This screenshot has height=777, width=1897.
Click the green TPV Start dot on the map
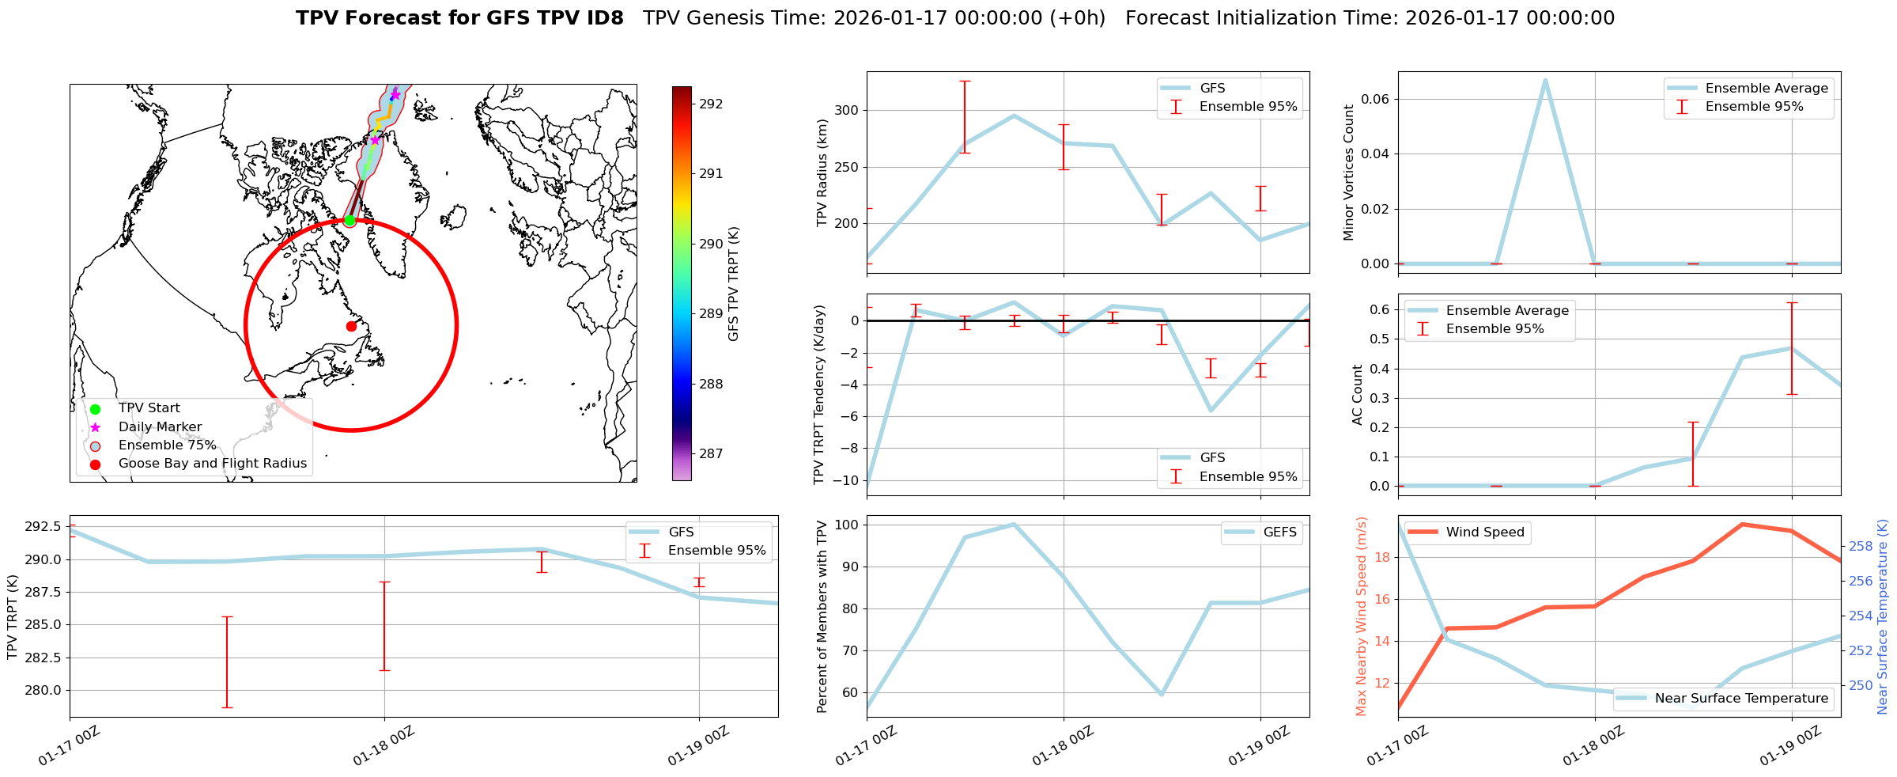(350, 220)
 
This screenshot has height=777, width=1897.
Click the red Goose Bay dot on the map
(351, 326)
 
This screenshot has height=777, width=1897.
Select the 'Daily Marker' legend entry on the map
(160, 426)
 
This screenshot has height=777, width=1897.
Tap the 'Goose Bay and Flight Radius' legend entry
(212, 464)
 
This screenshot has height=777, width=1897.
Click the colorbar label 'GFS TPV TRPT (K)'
(734, 283)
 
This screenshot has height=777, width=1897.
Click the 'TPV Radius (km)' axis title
(822, 172)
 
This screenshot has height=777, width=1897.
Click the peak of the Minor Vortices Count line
(1545, 80)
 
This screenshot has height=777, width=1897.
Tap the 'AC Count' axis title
(1358, 395)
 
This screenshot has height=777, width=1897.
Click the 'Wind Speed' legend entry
(1484, 533)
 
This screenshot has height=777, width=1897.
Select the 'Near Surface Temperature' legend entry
(1740, 699)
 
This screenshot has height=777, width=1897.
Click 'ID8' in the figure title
(606, 18)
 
